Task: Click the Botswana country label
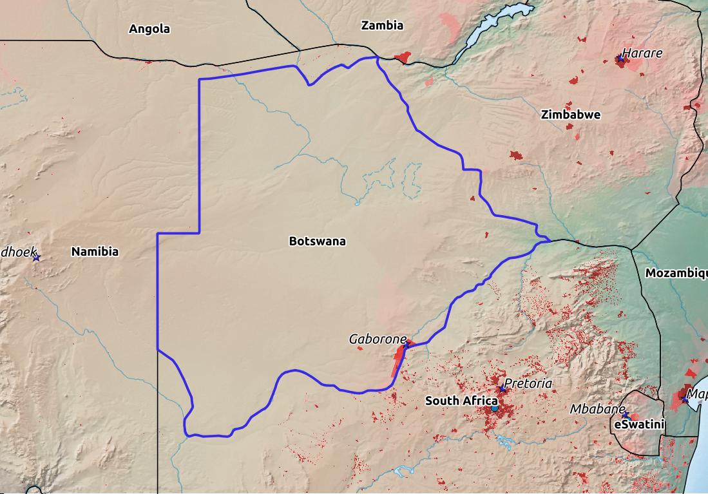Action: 317,242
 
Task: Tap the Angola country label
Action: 149,29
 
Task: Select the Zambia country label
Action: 382,26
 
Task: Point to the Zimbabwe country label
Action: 571,115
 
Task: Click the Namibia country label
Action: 95,252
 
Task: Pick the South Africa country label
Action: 461,401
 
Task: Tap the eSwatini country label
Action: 639,424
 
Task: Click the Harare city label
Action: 642,53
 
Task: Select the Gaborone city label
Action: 378,339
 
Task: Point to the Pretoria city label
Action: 528,383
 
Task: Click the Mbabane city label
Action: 597,409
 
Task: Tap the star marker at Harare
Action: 620,59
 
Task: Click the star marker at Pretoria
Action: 502,389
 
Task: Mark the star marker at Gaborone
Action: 407,345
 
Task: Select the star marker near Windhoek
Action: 37,258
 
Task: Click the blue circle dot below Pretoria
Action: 494,408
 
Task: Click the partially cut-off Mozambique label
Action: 676,273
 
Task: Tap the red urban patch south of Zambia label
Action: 403,58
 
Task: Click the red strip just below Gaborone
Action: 399,362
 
